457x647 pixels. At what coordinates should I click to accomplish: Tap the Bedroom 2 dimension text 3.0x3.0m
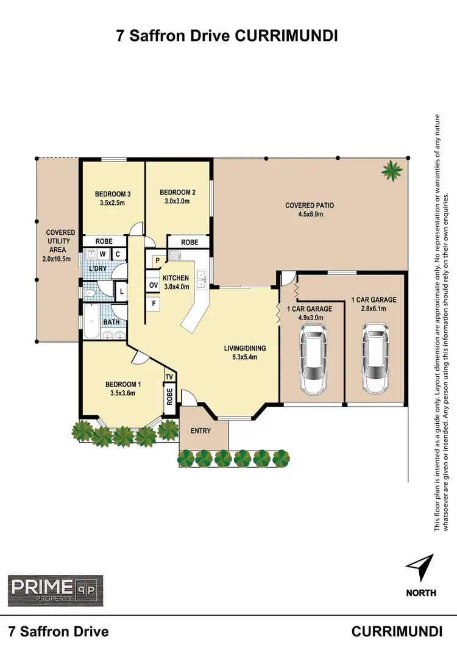[175, 201]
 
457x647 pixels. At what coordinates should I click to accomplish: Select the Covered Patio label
[310, 206]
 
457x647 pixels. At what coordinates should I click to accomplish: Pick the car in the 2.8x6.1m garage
[374, 359]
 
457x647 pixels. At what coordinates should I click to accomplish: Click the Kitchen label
[176, 278]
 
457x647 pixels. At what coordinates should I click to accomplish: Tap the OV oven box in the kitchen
[153, 285]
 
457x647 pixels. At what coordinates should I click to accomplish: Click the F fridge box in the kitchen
[153, 302]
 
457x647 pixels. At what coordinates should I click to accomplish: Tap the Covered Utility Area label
[60, 246]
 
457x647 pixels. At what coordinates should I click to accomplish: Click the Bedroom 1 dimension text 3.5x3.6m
[123, 393]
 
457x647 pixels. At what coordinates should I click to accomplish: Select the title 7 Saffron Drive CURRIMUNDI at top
[227, 37]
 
